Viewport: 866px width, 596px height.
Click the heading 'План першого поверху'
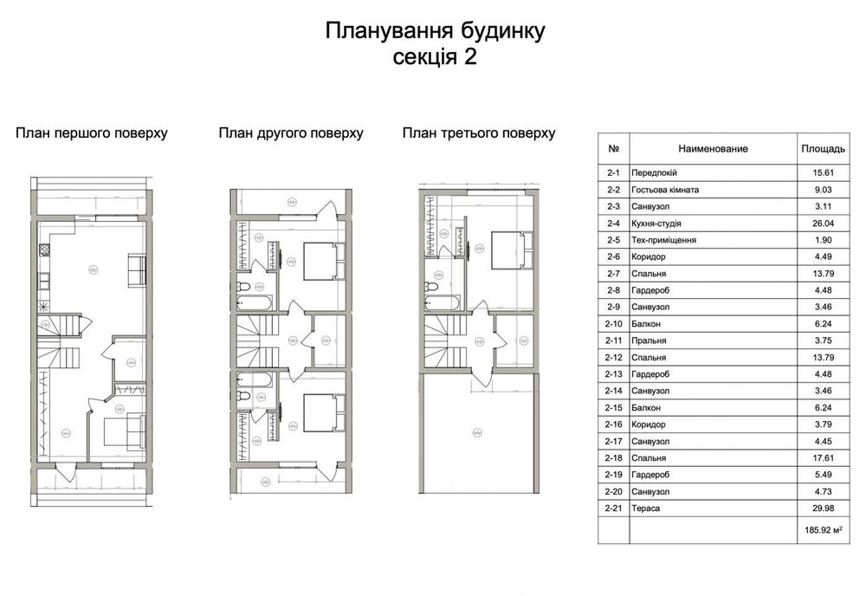point(92,133)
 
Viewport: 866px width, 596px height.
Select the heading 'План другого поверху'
point(290,133)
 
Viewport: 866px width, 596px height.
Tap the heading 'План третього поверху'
point(478,133)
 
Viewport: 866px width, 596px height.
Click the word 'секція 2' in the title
point(435,57)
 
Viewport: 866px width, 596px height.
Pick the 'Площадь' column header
point(818,149)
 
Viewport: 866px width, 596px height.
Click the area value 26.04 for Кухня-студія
point(818,223)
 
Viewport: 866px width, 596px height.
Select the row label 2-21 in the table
point(615,509)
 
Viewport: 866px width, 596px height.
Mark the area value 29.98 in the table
point(818,509)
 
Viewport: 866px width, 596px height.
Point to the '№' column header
point(613,149)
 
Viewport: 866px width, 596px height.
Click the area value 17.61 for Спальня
point(818,458)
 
